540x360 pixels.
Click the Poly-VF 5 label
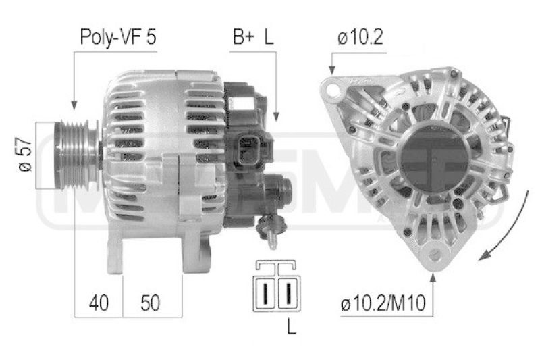[x=117, y=37]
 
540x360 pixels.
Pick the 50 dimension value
[x=152, y=303]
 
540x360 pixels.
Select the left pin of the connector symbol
[x=267, y=292]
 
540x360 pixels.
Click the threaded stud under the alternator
[x=271, y=230]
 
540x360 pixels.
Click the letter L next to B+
[x=269, y=37]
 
